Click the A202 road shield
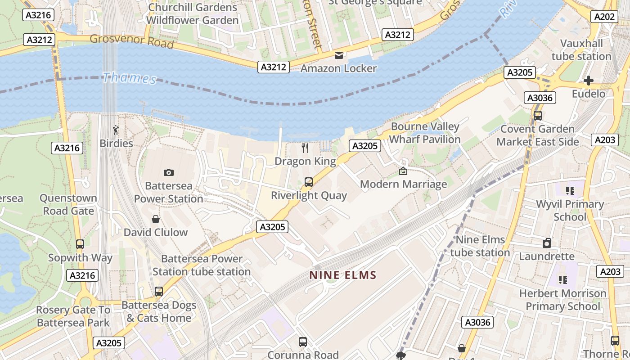coord(604,17)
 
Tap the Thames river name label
coord(129,78)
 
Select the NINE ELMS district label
coord(343,275)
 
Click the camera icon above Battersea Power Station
coord(169,172)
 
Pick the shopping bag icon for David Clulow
coord(156,219)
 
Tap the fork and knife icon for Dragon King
coord(305,148)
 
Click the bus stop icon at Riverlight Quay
coord(309,182)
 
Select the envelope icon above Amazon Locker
coord(338,55)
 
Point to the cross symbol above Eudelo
coord(588,81)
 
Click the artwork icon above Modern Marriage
coord(403,171)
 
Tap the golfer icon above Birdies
coord(116,130)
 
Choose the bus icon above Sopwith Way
coord(80,244)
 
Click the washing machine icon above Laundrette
coord(547,243)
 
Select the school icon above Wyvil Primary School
coord(570,191)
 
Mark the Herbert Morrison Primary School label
coord(563,300)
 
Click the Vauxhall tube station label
coord(581,50)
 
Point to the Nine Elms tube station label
coord(480,246)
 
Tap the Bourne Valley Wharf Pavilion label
coord(425,133)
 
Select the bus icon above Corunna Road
coord(303,342)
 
